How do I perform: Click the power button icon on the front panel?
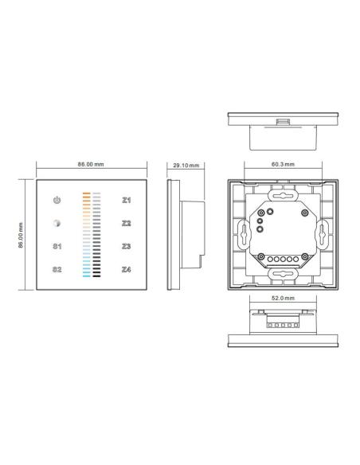click(x=57, y=201)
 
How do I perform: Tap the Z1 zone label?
click(x=126, y=201)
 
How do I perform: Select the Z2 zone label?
click(x=126, y=224)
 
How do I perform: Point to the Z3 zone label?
click(x=126, y=247)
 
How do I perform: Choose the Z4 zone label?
click(x=126, y=270)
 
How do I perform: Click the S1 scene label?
click(x=57, y=247)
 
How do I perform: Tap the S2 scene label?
click(x=57, y=270)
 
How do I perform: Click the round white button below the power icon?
click(x=57, y=224)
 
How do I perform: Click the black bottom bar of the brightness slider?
click(x=97, y=277)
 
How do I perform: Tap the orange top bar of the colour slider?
click(x=87, y=193)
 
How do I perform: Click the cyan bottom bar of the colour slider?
click(x=87, y=277)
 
